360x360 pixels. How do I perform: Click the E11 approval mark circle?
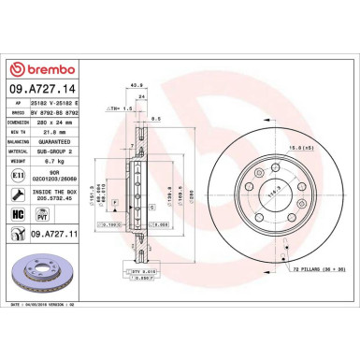pos(20,173)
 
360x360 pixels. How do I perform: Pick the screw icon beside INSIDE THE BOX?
pos(20,193)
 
